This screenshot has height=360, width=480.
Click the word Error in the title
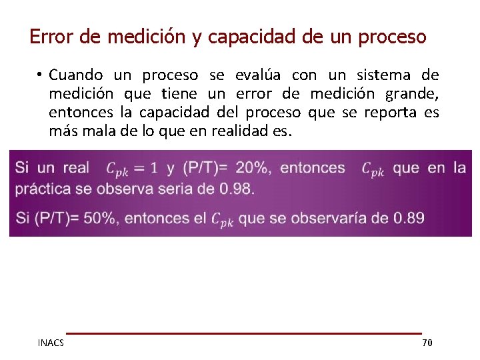click(52, 36)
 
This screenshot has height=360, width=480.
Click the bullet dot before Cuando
click(40, 75)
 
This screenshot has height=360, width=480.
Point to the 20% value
click(255, 167)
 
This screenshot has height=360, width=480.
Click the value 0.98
click(236, 188)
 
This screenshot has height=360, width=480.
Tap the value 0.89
click(408, 217)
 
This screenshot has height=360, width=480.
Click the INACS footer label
click(51, 343)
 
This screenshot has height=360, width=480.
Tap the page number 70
click(427, 343)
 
